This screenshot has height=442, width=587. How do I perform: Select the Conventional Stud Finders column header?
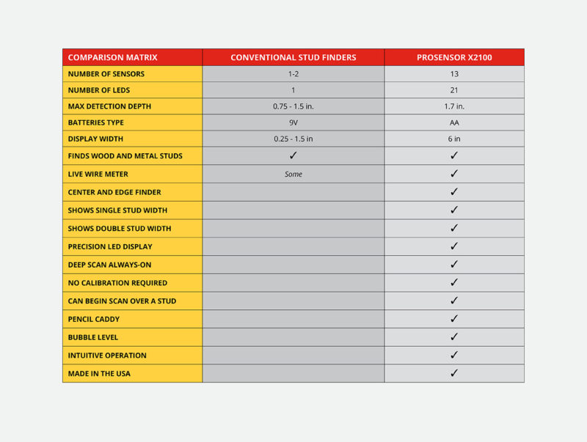(x=293, y=57)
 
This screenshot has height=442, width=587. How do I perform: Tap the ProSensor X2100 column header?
(x=454, y=57)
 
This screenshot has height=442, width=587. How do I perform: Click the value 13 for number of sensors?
(x=454, y=74)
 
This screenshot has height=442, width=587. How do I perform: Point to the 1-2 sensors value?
(x=293, y=74)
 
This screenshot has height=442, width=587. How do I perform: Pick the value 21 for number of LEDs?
(x=454, y=90)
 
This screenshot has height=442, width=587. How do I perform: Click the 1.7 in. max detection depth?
(x=454, y=106)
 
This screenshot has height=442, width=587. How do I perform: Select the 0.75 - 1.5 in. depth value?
(x=293, y=106)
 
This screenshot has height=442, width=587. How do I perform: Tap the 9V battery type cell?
(x=293, y=122)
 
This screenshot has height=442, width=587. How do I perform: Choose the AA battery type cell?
(x=454, y=122)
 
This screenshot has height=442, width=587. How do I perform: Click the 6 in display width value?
(x=454, y=139)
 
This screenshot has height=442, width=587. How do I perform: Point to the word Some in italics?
(x=293, y=174)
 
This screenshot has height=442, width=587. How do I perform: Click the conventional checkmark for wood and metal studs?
(x=293, y=155)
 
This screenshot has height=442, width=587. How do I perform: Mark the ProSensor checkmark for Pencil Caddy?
(x=454, y=319)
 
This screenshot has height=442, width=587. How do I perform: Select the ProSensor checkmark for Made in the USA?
(x=454, y=373)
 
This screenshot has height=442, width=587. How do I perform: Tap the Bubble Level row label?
(x=92, y=337)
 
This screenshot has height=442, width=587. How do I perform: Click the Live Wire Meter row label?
(x=99, y=174)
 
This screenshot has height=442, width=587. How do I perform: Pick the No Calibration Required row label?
(x=117, y=283)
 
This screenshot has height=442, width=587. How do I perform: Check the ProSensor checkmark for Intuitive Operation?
(x=454, y=355)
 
